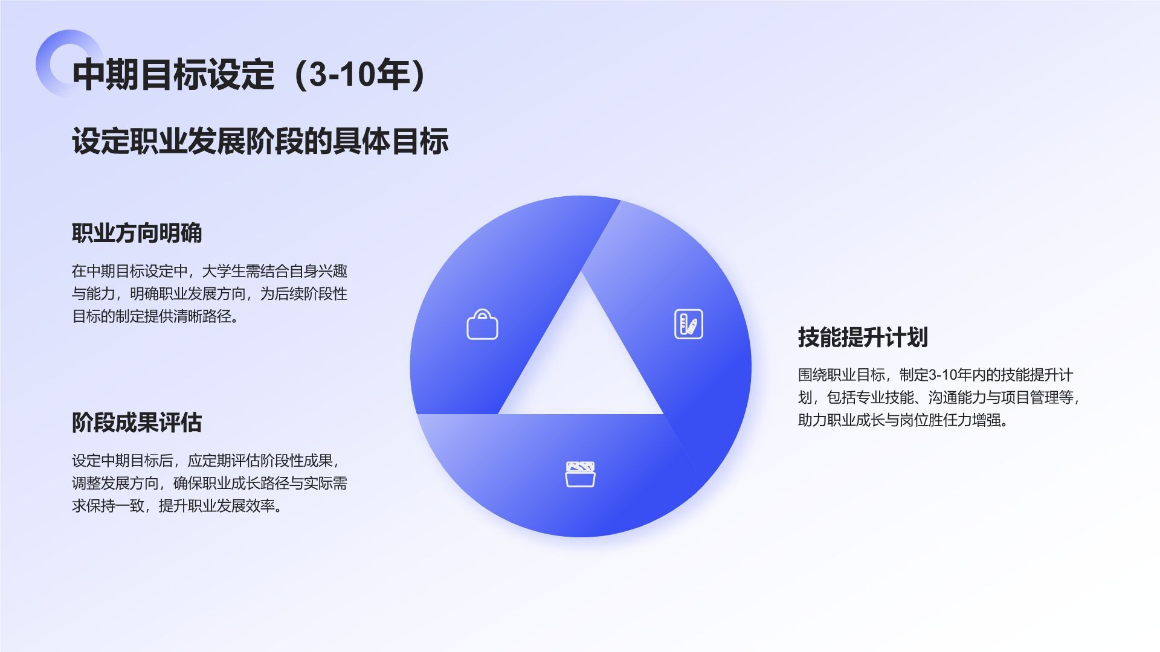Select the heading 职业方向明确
pos(137,233)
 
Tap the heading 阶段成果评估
pos(137,423)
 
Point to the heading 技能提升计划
pos(863,337)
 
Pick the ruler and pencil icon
pos(688,324)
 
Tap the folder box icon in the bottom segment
pos(580,475)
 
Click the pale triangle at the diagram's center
pos(581,362)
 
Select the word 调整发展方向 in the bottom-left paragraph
pos(115,484)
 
